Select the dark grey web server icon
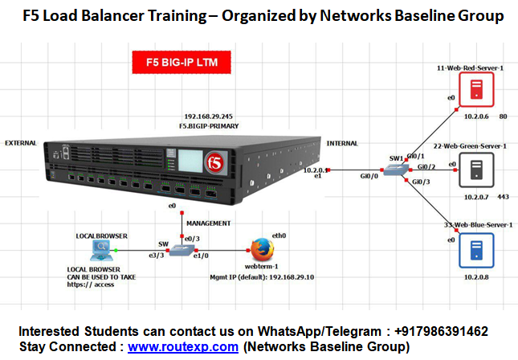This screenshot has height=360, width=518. [x=476, y=169]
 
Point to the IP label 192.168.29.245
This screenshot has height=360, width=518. [x=210, y=117]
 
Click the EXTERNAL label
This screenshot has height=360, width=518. [x=21, y=142]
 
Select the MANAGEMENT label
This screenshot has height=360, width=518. [x=208, y=223]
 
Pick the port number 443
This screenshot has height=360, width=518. [x=504, y=196]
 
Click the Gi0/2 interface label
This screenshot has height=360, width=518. [x=426, y=166]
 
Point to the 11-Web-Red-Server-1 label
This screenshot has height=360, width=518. [x=469, y=67]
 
